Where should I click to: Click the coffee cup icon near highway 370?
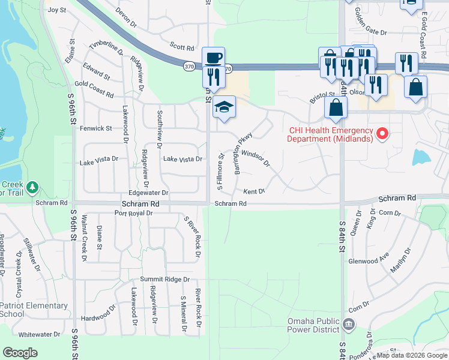point(214,58)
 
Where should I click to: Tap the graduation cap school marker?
point(224,107)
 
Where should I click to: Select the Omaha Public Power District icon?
point(349,325)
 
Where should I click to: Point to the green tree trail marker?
point(32,187)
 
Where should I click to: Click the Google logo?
point(20,353)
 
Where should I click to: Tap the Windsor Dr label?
point(256,158)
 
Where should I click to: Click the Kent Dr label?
point(254,191)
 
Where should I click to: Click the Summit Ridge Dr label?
point(164,279)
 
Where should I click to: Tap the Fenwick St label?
point(96,128)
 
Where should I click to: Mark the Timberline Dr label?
point(106,49)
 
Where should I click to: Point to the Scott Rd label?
point(182,47)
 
